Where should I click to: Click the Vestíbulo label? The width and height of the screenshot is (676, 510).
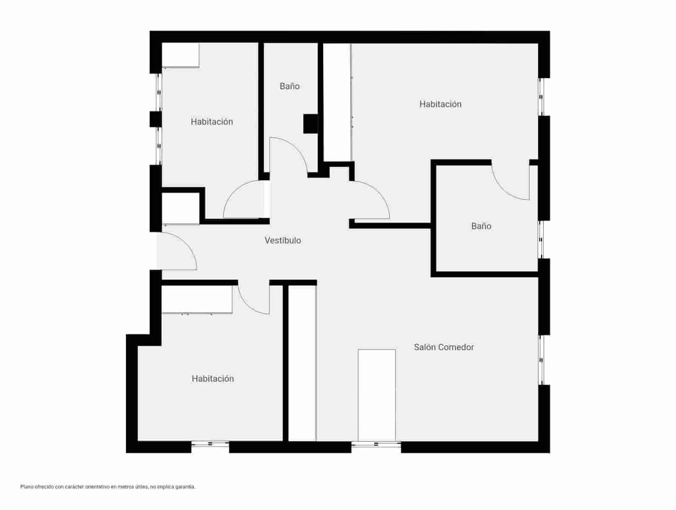[x=283, y=241]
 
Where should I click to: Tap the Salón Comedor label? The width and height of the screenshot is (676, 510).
[x=444, y=347]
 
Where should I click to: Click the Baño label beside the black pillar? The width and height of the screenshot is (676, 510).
[x=290, y=86]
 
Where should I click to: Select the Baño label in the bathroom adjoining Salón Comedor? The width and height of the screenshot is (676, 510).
[x=481, y=226]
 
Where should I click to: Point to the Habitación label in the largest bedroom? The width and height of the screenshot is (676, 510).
[x=440, y=104]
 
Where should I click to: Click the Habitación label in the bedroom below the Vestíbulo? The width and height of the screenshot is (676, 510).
[x=213, y=379]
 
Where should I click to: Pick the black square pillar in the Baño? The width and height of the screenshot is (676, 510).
[x=310, y=124]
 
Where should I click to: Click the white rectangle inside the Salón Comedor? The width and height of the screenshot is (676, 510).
[x=377, y=395]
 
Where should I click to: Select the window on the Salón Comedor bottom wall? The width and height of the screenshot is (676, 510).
[x=376, y=445]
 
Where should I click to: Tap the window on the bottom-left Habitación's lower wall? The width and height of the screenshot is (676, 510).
[x=210, y=445]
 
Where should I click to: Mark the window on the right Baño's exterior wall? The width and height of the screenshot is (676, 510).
[x=541, y=240]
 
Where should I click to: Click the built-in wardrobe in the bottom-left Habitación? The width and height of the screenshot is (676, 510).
[x=197, y=299]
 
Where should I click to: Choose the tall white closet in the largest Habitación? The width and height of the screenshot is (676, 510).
[x=337, y=102]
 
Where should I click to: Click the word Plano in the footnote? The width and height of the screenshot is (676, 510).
[x=26, y=487]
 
